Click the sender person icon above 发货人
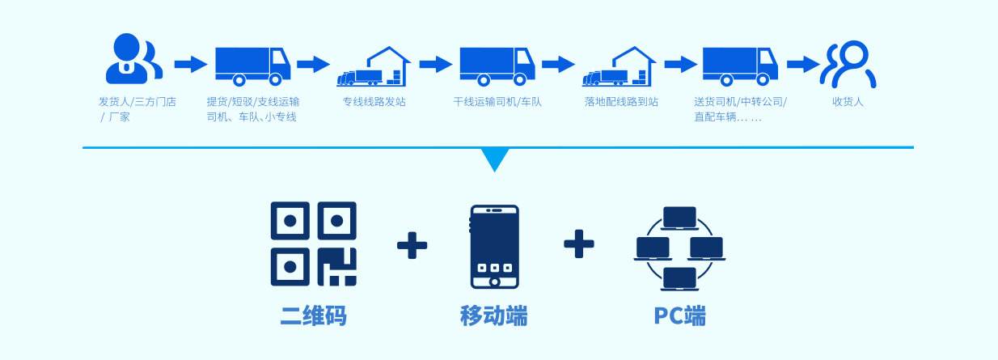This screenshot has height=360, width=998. pyautogui.click(x=132, y=59)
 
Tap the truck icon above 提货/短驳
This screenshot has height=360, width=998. pyautogui.click(x=252, y=65)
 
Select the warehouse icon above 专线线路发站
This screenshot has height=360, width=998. pyautogui.click(x=374, y=67)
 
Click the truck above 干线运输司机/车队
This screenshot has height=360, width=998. pyautogui.click(x=497, y=65)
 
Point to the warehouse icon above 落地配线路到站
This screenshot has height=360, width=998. pyautogui.click(x=620, y=67)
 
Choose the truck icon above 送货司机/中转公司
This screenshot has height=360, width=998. pyautogui.click(x=739, y=65)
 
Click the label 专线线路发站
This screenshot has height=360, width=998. pyautogui.click(x=374, y=102)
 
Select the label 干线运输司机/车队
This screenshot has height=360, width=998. pyautogui.click(x=497, y=102)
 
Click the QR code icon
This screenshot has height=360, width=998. pyautogui.click(x=313, y=244)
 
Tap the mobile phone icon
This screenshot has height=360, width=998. pyautogui.click(x=494, y=247)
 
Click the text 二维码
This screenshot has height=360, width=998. pyautogui.click(x=313, y=316)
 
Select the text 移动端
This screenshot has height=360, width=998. pyautogui.click(x=493, y=316)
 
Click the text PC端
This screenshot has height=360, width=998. pyautogui.click(x=679, y=316)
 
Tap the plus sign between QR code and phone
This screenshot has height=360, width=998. pyautogui.click(x=412, y=244)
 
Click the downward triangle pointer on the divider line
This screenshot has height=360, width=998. pyautogui.click(x=495, y=159)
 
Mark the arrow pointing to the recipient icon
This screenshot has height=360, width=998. pyautogui.click(x=803, y=65)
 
